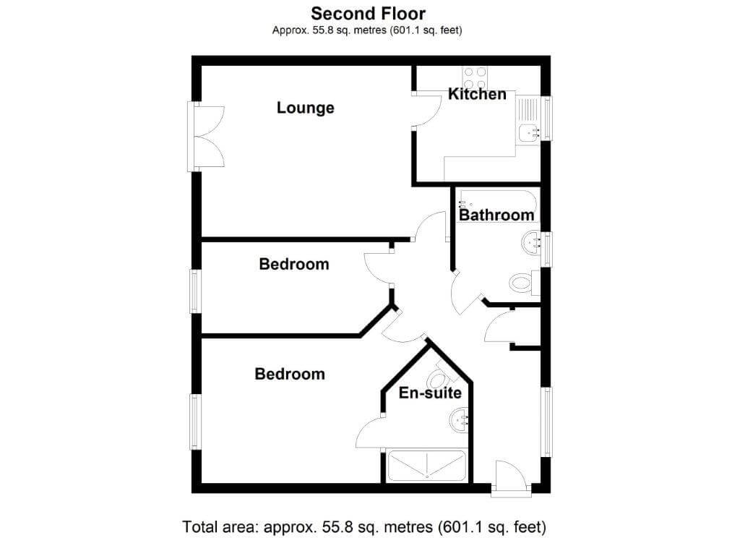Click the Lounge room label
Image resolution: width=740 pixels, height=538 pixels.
click(306, 108)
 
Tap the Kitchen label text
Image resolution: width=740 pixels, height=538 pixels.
click(477, 94)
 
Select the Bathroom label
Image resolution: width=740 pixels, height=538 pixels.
click(496, 215)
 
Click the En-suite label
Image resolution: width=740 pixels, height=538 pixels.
click(430, 393)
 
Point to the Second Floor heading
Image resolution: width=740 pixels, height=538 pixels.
click(368, 13)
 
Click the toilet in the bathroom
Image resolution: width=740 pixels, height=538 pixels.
click(524, 283)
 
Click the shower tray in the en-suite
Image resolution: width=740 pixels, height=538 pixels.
click(426, 466)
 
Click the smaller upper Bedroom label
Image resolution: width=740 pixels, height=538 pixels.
click(294, 264)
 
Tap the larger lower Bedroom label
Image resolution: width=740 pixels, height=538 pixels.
click(290, 374)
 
